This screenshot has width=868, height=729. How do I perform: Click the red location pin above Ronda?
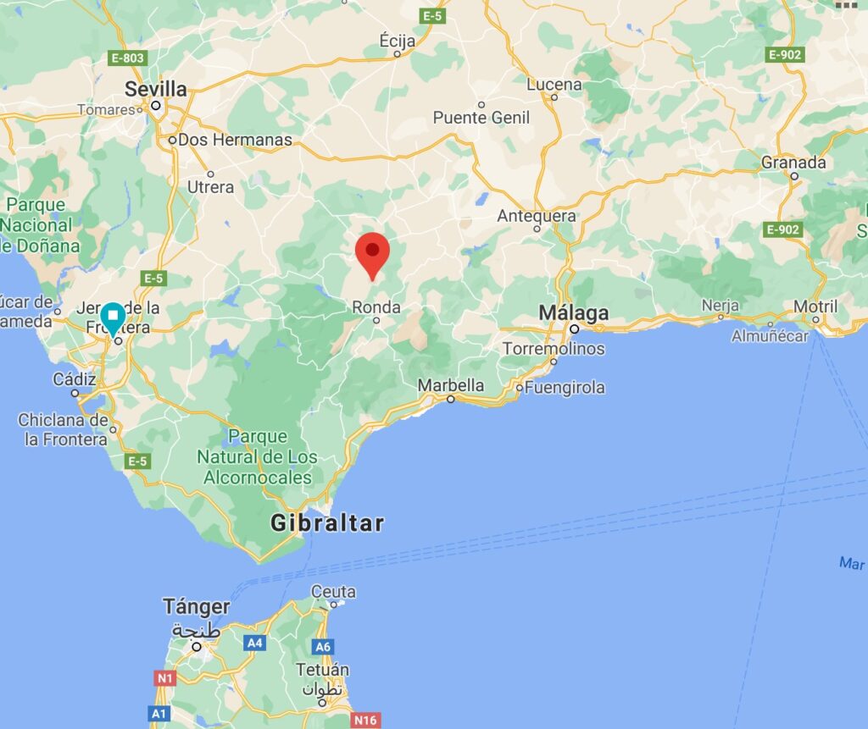pyautogui.click(x=372, y=252)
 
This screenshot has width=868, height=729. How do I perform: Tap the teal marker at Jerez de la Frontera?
pyautogui.click(x=113, y=318)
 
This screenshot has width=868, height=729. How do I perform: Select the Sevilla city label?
pyautogui.click(x=155, y=89)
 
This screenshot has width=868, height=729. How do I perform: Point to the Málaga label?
pyautogui.click(x=574, y=313)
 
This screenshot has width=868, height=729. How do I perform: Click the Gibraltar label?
pyautogui.click(x=327, y=523)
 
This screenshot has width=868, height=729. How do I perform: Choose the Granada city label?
pyautogui.click(x=793, y=162)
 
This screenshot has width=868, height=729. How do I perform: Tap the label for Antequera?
pyautogui.click(x=537, y=216)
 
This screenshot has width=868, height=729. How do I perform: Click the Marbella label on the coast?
pyautogui.click(x=450, y=385)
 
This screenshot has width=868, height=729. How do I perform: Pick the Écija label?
pyautogui.click(x=398, y=39)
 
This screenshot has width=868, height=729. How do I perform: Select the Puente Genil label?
pyautogui.click(x=481, y=118)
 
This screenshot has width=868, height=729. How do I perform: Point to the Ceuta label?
pyautogui.click(x=333, y=591)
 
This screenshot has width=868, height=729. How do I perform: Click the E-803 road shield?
pyautogui.click(x=128, y=58)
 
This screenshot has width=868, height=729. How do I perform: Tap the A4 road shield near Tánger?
pyautogui.click(x=254, y=643)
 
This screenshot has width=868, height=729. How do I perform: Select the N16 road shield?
pyautogui.click(x=365, y=720)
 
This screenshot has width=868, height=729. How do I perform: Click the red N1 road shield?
pyautogui.click(x=164, y=677)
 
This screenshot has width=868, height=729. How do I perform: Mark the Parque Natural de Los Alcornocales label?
pyautogui.click(x=258, y=457)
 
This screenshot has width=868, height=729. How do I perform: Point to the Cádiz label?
pyautogui.click(x=75, y=379)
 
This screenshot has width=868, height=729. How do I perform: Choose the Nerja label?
pyautogui.click(x=720, y=306)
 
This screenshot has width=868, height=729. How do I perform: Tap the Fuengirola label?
pyautogui.click(x=565, y=388)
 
